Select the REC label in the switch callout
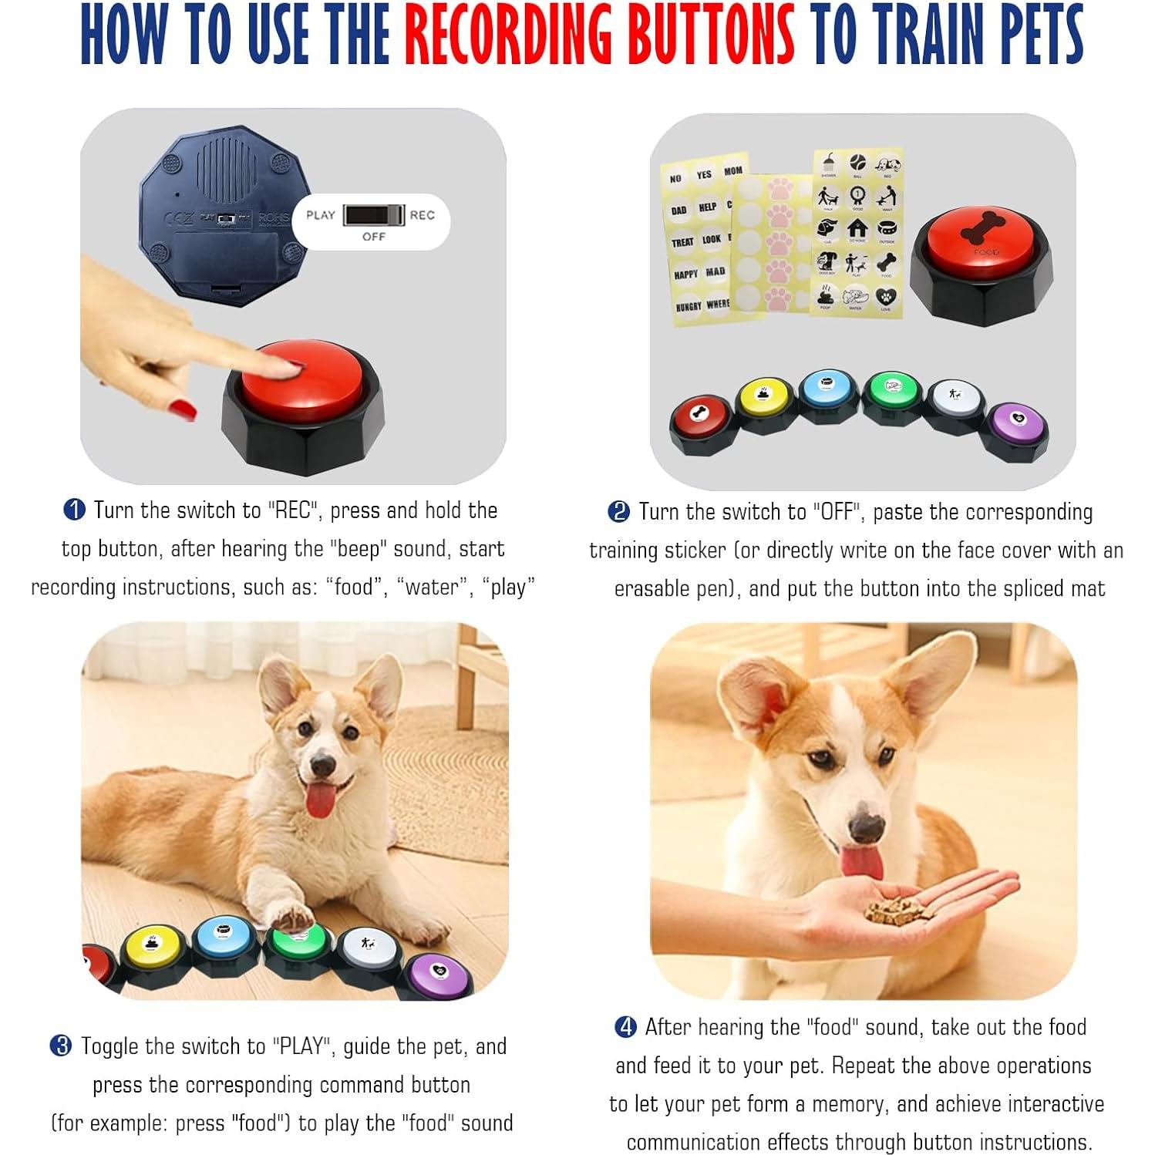pyautogui.click(x=422, y=215)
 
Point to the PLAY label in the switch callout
pyautogui.click(x=321, y=215)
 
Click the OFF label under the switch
pyautogui.click(x=373, y=237)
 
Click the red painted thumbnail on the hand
pyautogui.click(x=183, y=408)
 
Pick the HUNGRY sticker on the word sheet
pyautogui.click(x=688, y=306)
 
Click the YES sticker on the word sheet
pyautogui.click(x=704, y=175)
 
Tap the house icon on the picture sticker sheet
pyautogui.click(x=857, y=228)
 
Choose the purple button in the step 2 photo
pyautogui.click(x=1017, y=423)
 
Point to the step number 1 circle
pyautogui.click(x=74, y=510)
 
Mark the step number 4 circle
pyautogui.click(x=625, y=1027)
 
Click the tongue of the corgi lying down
pyautogui.click(x=320, y=800)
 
